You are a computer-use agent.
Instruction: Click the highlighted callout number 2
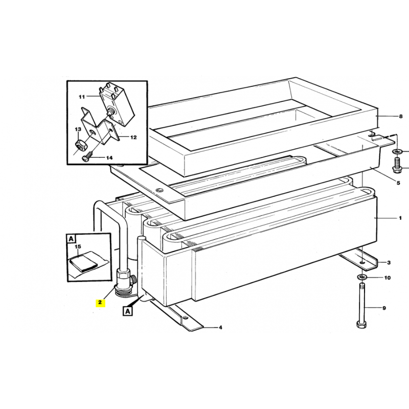(x=100, y=303)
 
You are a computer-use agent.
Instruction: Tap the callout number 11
(x=82, y=97)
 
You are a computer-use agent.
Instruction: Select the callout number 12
(x=133, y=137)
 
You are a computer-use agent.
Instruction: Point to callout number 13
(x=78, y=129)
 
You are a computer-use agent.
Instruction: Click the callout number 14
(x=109, y=158)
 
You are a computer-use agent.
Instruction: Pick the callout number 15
(x=78, y=246)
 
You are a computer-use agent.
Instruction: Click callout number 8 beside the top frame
(x=401, y=117)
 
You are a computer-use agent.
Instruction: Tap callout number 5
(x=398, y=183)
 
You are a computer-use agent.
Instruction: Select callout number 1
(x=400, y=218)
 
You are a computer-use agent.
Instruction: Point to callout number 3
(x=389, y=262)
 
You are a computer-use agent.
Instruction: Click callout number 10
(x=388, y=278)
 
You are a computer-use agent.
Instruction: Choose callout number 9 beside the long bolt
(x=384, y=308)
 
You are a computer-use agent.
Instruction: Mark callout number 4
(x=220, y=327)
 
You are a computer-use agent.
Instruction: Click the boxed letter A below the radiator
(x=127, y=311)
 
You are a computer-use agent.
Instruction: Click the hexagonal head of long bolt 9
(x=361, y=325)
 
